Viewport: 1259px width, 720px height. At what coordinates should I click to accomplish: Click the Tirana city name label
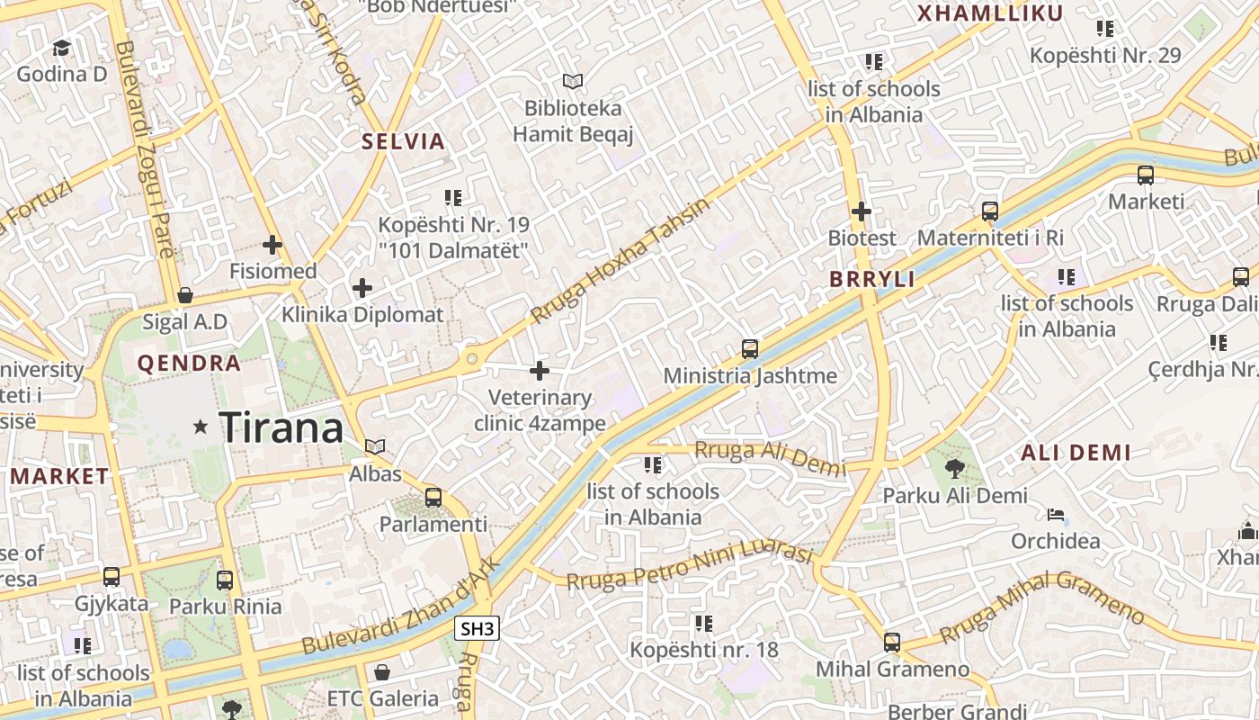(281, 427)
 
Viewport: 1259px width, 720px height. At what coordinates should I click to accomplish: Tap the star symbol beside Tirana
(200, 427)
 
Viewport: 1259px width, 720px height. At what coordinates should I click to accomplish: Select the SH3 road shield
(477, 628)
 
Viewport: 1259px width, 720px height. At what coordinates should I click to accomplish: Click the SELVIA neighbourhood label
(403, 141)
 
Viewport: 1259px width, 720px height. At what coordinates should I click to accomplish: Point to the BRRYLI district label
(871, 279)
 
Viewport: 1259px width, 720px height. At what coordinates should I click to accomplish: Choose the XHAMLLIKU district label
(989, 13)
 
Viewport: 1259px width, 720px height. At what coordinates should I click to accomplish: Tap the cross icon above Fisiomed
(272, 244)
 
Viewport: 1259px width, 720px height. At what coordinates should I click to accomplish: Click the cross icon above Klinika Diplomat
(362, 288)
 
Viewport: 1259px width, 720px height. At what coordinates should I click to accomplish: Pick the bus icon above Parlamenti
(433, 497)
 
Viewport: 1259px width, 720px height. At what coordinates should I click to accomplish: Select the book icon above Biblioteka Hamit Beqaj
(573, 81)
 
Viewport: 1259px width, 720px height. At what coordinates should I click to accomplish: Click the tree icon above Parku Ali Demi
(954, 468)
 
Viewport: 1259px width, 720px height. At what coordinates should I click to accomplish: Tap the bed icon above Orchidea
(1056, 515)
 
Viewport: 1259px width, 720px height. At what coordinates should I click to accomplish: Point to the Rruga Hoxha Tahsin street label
(620, 261)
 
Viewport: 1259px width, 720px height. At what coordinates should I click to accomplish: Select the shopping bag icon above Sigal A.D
(184, 294)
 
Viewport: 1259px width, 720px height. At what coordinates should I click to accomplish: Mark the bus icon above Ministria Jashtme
(750, 348)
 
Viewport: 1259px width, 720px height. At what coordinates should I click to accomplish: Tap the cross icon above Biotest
(862, 211)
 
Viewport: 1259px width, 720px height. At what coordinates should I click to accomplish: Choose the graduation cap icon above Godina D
(61, 47)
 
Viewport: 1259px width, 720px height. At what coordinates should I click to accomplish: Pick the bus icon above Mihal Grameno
(892, 642)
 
